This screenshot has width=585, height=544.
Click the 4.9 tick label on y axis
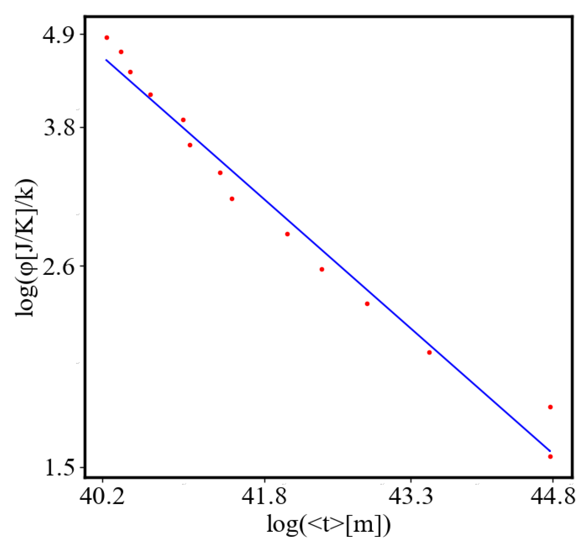coord(59,35)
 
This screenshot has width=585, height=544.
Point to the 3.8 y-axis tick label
coord(59,127)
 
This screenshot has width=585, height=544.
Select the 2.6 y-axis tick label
coord(59,266)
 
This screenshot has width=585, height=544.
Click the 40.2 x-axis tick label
coord(102,496)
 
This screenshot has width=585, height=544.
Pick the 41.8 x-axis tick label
coord(264,496)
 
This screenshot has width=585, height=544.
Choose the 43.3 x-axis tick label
coord(411,496)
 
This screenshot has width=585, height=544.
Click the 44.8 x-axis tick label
coord(553,496)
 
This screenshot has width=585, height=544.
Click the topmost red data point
coord(107,38)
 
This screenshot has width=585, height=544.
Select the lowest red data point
coord(550,457)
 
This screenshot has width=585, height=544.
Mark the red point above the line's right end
coord(550,407)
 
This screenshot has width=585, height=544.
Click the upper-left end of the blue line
coord(106,60)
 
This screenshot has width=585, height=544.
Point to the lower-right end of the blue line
coord(550,451)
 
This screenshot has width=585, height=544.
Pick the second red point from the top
coord(121,52)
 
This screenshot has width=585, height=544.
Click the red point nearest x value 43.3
coord(429,353)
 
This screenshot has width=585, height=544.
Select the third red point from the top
coord(130,72)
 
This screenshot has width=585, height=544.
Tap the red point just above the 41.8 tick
coord(287,234)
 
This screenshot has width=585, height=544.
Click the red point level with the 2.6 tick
coord(322,269)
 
